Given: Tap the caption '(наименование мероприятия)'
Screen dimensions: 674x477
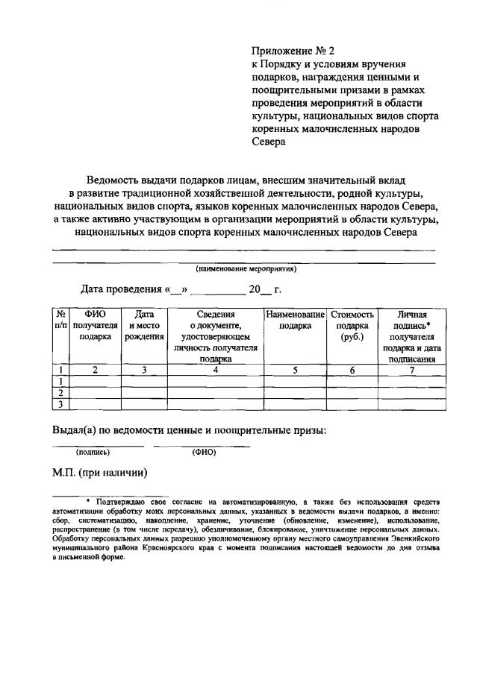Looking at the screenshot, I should (x=246, y=269).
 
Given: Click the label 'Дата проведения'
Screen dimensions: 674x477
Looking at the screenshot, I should (x=121, y=289).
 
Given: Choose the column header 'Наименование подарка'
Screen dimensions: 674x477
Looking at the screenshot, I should (x=295, y=321).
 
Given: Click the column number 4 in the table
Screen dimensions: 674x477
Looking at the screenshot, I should (x=215, y=370).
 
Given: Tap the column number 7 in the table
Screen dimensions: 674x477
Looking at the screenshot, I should (x=412, y=370).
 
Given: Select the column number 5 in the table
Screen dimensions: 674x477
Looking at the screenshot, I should (x=295, y=370).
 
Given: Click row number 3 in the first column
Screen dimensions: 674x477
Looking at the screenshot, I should (x=60, y=404).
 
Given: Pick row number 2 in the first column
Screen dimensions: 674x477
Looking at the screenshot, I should (x=60, y=392).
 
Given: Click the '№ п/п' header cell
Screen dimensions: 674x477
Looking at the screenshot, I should (x=60, y=321).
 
